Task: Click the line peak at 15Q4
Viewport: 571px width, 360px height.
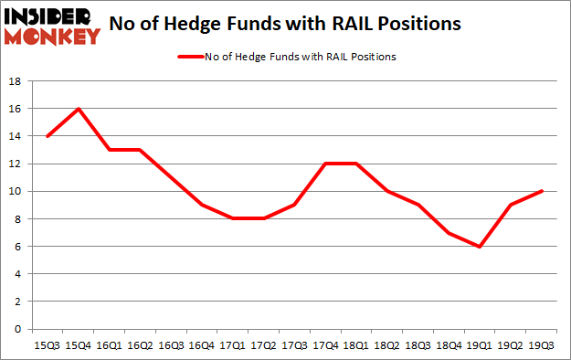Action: pos(79,109)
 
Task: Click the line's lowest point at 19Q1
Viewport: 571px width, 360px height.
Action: pos(479,247)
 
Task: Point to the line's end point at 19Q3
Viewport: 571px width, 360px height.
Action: pos(543,191)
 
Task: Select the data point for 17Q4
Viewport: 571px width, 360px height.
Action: pos(320,164)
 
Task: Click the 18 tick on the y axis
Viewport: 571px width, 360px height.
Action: pos(16,81)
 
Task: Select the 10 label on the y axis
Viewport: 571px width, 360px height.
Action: pos(16,191)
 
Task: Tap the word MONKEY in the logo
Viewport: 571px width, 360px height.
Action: pos(53,37)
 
